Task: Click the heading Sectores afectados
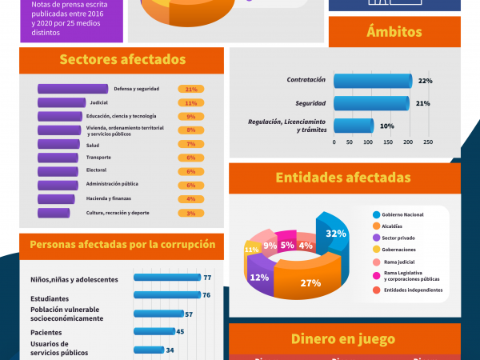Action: (122, 60)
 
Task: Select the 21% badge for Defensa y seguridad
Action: (191, 89)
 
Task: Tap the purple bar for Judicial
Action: (62, 102)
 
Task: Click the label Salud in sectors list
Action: (93, 144)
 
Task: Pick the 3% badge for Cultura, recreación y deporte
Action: (191, 213)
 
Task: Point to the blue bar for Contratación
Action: (372, 81)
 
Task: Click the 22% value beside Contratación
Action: (425, 81)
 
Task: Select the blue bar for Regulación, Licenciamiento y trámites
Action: (353, 126)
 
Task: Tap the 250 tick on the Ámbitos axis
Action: (428, 142)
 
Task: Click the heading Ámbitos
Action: (394, 31)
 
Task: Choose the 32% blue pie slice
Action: (334, 234)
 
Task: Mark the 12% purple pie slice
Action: (259, 278)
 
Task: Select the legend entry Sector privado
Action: (400, 237)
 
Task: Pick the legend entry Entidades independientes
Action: (410, 290)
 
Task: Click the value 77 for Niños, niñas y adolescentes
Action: (206, 278)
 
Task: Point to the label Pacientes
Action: (46, 332)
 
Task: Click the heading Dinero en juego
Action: (345, 338)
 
